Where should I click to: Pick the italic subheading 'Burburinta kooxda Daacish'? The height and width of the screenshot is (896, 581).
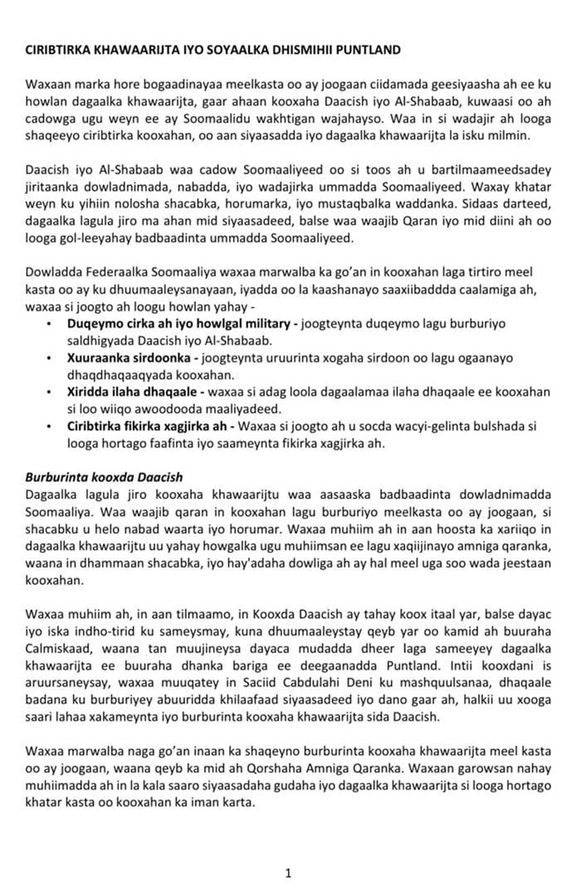click(x=104, y=477)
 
